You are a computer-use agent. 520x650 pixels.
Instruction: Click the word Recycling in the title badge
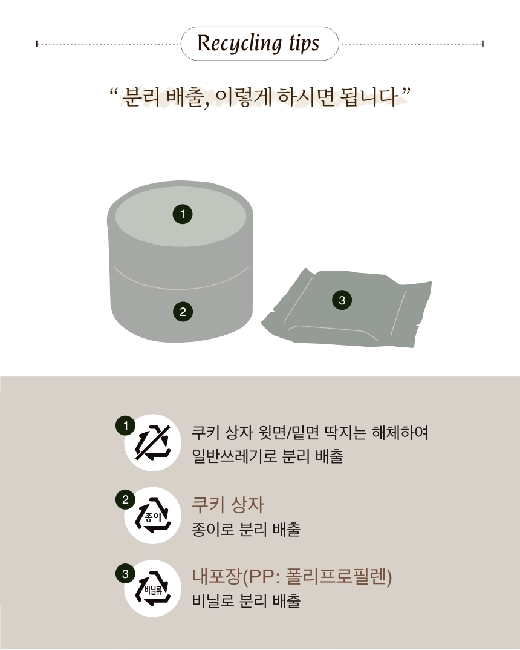click(239, 44)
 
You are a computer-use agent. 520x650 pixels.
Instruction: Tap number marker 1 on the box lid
click(183, 214)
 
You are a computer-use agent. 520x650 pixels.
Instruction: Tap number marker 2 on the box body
click(183, 312)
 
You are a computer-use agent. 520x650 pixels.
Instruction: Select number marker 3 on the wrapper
click(342, 300)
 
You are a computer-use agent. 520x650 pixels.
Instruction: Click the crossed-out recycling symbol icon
click(153, 442)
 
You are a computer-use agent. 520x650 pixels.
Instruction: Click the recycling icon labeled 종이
click(153, 515)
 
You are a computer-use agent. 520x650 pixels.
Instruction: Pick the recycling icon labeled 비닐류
click(153, 589)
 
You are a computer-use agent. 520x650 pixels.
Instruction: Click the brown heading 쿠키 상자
click(228, 505)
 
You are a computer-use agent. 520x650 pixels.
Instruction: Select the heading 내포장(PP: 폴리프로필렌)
click(292, 577)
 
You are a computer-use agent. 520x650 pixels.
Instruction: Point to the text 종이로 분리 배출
click(246, 530)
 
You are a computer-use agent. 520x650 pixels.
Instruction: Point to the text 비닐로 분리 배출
click(246, 600)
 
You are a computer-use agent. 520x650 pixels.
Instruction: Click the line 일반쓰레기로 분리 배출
click(267, 456)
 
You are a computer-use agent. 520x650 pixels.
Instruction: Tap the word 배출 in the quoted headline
click(186, 98)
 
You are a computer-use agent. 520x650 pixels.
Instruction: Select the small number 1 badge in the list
click(125, 425)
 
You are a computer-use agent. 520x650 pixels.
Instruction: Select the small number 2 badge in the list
click(125, 500)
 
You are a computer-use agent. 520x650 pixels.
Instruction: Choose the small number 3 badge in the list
click(125, 574)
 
